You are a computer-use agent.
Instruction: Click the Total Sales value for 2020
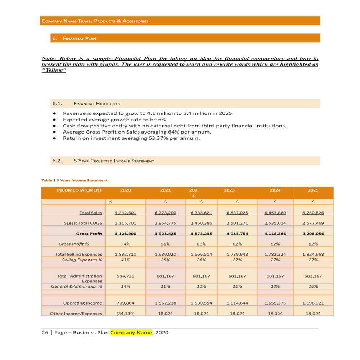point(125,213)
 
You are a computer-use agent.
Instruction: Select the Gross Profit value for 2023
point(237,234)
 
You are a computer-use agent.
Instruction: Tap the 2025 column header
point(313,190)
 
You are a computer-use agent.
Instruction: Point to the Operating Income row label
point(82,303)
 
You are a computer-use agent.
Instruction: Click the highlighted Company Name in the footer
point(131,333)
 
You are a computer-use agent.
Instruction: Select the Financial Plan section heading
point(79,38)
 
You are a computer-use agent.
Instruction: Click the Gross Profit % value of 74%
point(125,244)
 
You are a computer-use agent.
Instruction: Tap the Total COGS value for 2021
point(165,223)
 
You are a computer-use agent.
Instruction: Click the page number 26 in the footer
point(45,333)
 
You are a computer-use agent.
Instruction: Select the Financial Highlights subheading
point(96,104)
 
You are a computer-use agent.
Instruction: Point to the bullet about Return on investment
point(131,138)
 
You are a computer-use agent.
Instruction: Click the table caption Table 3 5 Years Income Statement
point(75,180)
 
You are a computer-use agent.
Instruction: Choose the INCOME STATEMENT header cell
point(79,190)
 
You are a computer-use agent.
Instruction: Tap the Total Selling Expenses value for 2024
point(275,254)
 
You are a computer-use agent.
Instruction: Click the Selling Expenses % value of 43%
point(125,260)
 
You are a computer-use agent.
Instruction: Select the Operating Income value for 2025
point(313,303)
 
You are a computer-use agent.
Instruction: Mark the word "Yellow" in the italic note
point(54,70)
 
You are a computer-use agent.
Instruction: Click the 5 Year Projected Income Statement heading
point(114,161)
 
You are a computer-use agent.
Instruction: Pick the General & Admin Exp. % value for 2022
point(201,287)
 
